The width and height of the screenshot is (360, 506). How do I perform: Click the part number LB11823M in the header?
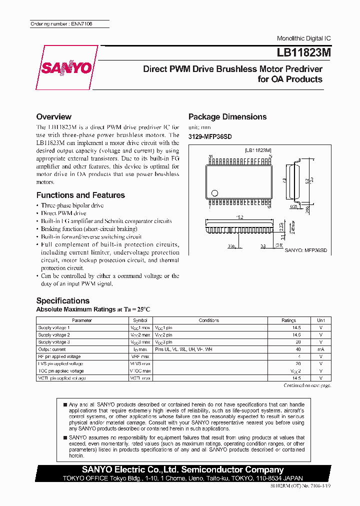coord(301,52)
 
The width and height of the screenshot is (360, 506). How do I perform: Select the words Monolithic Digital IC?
coord(303,38)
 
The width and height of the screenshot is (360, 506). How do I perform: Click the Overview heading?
coord(54,116)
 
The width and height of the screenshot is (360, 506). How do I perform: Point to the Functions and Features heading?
coord(80,195)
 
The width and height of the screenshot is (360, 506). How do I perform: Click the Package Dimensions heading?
coord(227,116)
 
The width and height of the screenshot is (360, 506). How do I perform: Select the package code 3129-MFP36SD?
coord(210,136)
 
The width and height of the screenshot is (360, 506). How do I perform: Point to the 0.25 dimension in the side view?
coord(294,206)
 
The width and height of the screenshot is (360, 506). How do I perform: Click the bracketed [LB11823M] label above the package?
coord(258,150)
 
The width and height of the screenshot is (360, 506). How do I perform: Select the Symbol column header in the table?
coord(140,320)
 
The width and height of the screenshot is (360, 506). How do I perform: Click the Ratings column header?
coord(288,320)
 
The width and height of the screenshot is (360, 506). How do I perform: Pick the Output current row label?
coord(52,349)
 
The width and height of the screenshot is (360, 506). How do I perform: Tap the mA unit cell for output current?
coord(320,349)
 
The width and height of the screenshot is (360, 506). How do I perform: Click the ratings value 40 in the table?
coord(298,349)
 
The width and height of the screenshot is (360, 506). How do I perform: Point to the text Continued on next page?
coord(307,385)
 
